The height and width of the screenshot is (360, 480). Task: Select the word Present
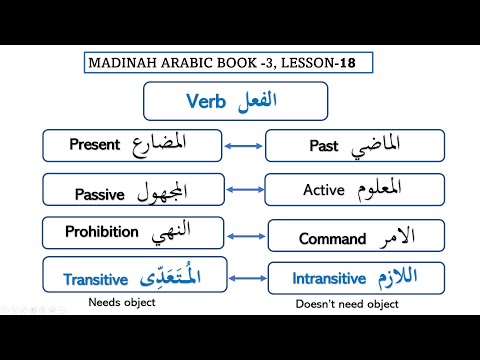pos(94,144)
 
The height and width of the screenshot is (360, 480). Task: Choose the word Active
pos(323,189)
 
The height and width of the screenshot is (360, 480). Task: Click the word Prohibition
pos(101,232)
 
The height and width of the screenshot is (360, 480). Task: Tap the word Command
pos(332,239)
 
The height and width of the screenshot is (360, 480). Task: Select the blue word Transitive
pos(101,280)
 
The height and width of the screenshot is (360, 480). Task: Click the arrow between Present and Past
pos(241,146)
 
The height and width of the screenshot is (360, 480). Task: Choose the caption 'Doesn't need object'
pos(347,303)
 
